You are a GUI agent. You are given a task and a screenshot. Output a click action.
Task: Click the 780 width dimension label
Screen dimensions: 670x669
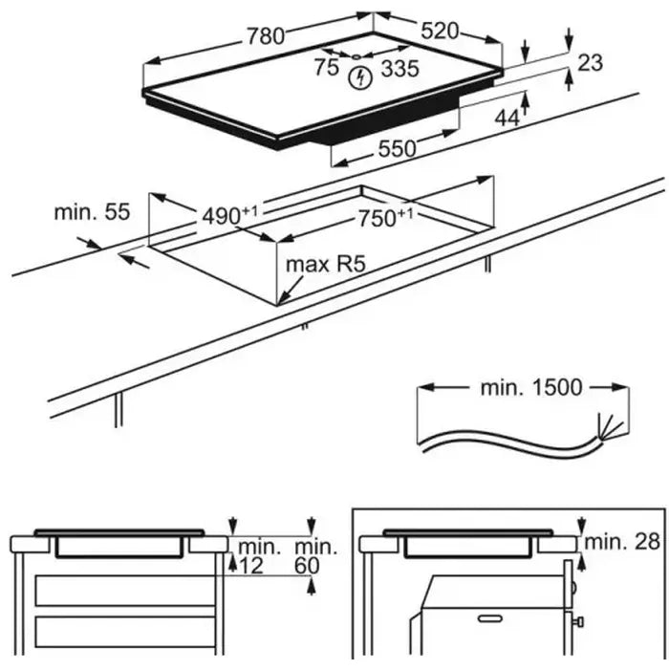click(x=265, y=35)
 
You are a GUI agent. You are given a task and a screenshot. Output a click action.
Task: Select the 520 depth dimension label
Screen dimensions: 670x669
click(x=440, y=30)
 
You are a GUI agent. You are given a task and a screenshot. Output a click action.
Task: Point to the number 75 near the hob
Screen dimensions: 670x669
click(x=327, y=67)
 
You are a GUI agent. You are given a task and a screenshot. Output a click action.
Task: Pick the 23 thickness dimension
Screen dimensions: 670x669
click(x=592, y=63)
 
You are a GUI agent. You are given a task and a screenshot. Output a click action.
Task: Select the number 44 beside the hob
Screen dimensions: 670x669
click(x=508, y=118)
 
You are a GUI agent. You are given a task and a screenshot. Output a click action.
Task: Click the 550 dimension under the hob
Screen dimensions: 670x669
click(x=397, y=148)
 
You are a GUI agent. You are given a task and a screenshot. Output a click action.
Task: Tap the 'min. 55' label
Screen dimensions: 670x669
click(x=91, y=211)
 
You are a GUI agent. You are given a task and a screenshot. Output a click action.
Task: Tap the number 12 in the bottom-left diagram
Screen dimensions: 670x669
click(x=250, y=566)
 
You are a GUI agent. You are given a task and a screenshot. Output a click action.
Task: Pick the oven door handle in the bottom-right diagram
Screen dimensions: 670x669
click(x=491, y=622)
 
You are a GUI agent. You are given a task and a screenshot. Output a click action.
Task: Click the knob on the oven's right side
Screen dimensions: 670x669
click(x=578, y=622)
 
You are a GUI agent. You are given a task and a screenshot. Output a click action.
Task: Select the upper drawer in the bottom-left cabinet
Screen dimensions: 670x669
click(x=124, y=590)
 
